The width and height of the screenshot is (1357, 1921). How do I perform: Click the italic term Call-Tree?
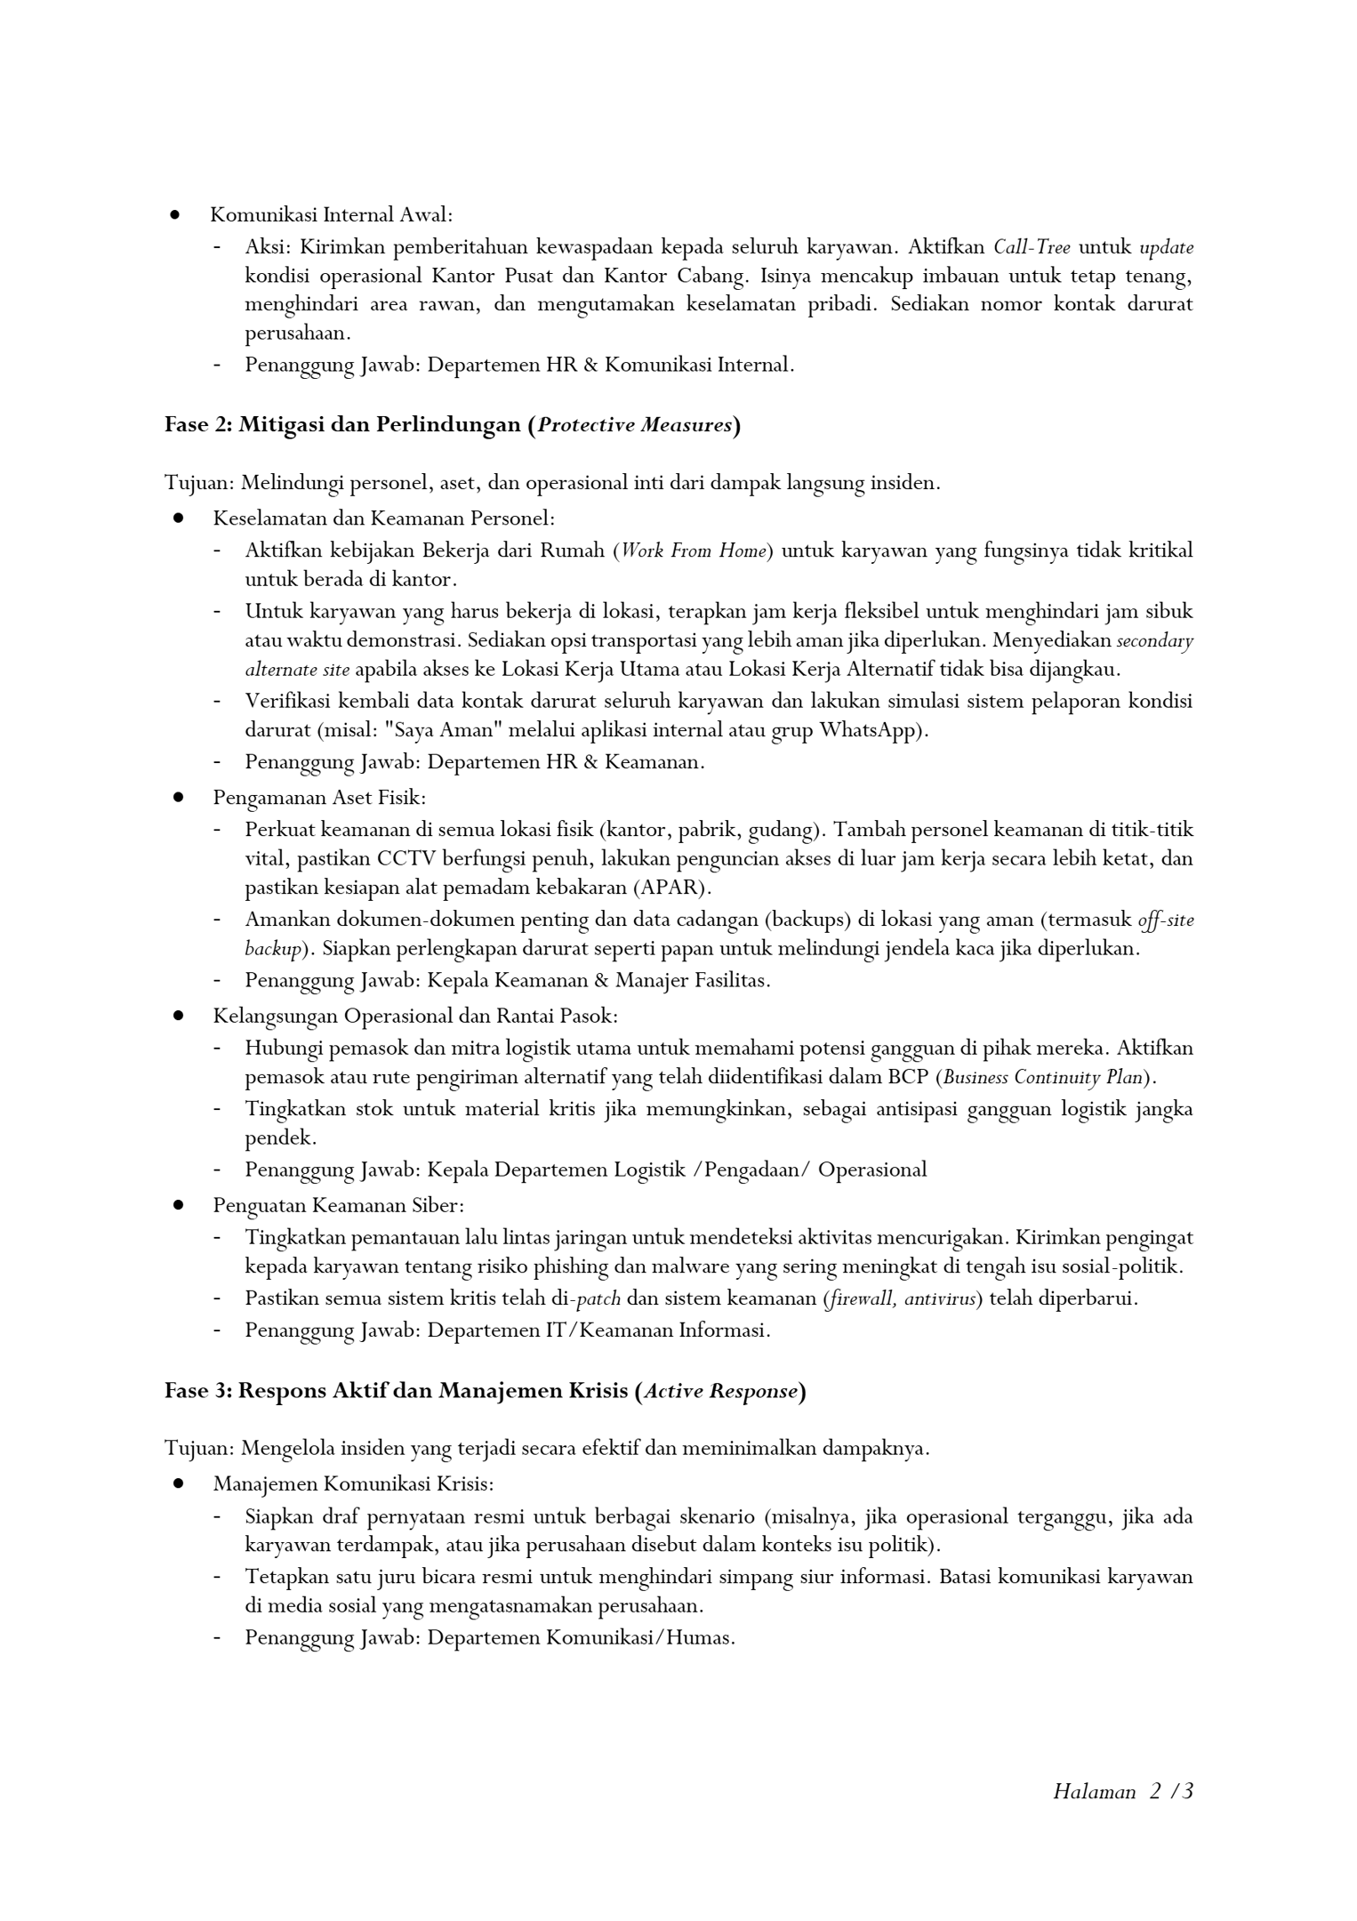coord(1032,247)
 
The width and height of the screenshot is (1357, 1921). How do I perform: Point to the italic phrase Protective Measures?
coord(635,425)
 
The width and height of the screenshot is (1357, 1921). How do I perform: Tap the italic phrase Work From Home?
coord(693,551)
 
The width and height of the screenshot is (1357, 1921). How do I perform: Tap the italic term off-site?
coord(1165,920)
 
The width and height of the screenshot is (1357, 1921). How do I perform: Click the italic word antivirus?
coord(940,1298)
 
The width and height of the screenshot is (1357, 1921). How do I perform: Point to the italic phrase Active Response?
coord(720,1391)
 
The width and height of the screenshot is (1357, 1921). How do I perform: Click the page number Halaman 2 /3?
coord(1122,1791)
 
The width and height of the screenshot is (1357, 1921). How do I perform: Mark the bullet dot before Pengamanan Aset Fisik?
coord(179,798)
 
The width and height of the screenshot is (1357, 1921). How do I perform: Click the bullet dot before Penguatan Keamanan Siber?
coord(179,1205)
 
